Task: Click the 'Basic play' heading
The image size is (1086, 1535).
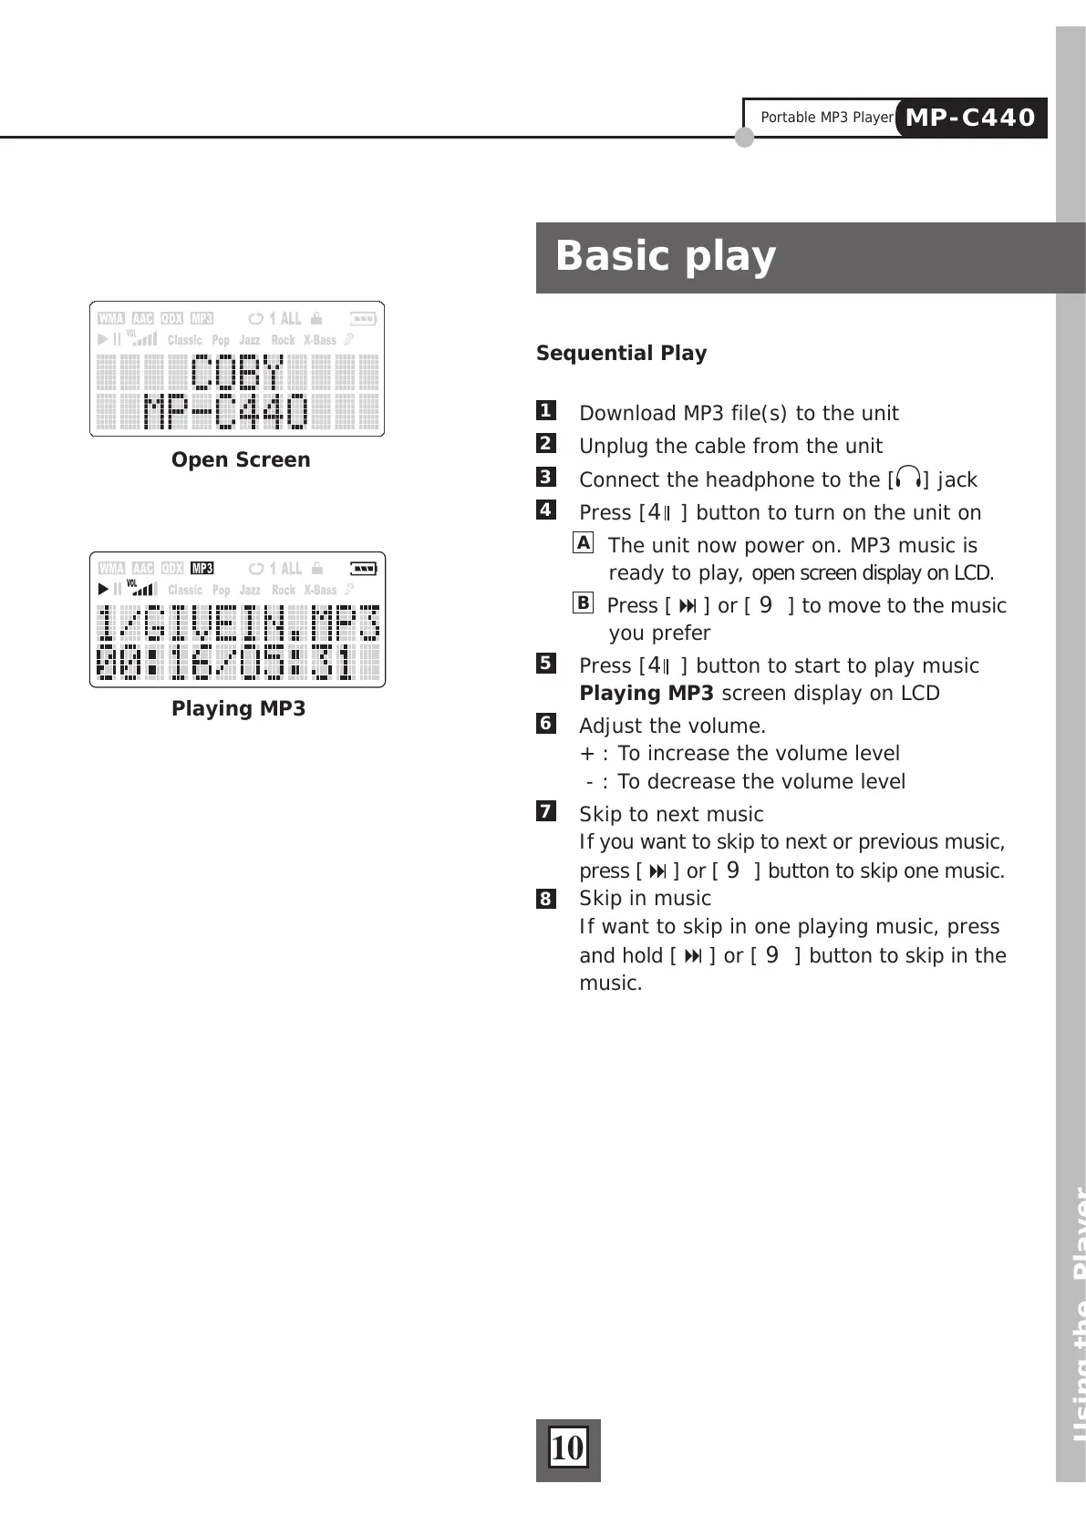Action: (666, 256)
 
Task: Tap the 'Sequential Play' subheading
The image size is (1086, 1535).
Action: (621, 354)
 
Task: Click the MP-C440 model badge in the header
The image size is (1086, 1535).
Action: (971, 118)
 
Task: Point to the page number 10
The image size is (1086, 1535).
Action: (567, 1448)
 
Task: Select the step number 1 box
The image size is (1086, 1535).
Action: (545, 411)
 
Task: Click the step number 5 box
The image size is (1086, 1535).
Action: (545, 664)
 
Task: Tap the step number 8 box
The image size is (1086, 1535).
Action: (545, 899)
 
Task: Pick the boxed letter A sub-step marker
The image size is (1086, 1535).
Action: (584, 543)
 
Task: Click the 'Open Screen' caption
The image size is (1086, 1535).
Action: (241, 460)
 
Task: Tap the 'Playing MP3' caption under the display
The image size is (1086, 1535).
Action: (238, 709)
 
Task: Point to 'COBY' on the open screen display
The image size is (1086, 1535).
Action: (237, 374)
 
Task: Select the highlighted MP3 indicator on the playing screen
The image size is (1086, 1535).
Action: (202, 569)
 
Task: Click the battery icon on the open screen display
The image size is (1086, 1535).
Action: (363, 319)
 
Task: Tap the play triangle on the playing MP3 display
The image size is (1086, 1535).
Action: (103, 590)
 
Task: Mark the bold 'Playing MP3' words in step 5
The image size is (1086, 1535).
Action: (646, 694)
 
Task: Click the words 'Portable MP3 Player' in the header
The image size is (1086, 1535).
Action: (826, 118)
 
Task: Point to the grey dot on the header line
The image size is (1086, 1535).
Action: (745, 138)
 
